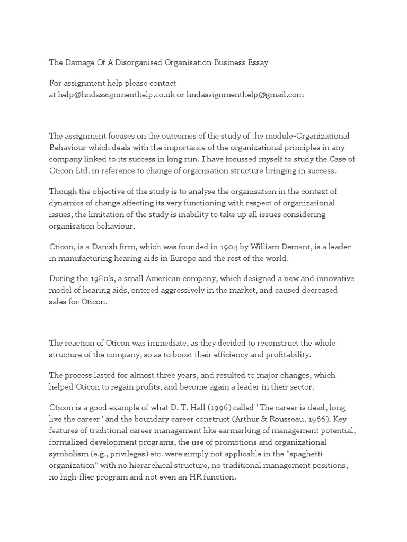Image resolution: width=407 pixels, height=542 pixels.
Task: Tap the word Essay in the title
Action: point(255,62)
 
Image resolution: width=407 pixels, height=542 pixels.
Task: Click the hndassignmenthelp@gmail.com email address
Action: point(245,95)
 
